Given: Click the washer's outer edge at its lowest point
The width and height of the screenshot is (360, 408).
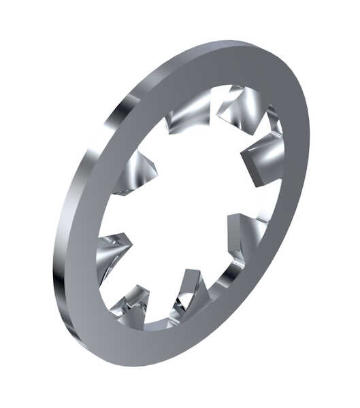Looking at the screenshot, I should point(136,364).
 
